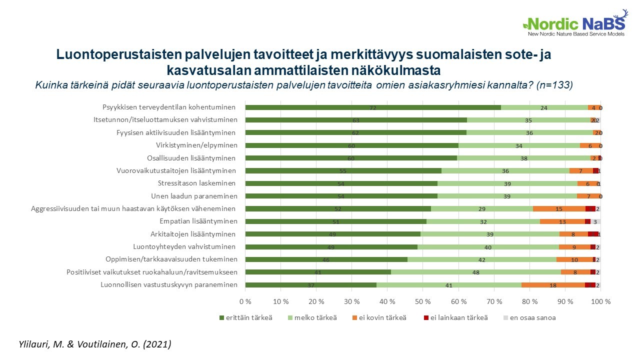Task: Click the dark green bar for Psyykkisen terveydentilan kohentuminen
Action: (x=372, y=107)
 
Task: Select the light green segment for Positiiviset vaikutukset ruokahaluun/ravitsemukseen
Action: (x=475, y=272)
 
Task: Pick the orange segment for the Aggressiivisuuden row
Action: (x=559, y=209)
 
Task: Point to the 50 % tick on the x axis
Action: (x=423, y=301)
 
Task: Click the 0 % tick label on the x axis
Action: (x=245, y=301)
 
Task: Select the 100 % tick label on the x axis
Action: (x=600, y=301)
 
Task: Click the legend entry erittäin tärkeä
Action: (x=246, y=317)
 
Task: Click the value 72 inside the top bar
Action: (x=372, y=107)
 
